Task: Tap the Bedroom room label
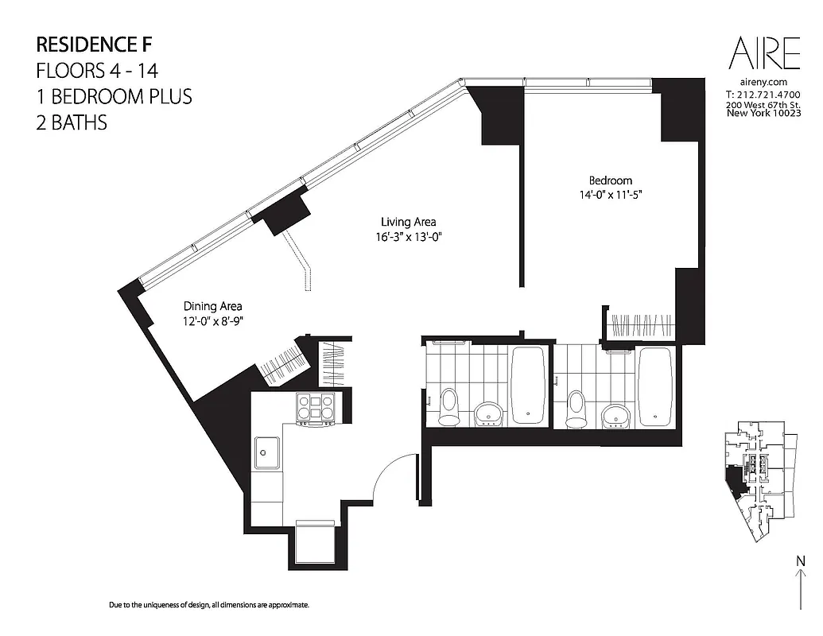click(611, 180)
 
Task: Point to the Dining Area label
click(212, 306)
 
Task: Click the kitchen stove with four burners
click(316, 408)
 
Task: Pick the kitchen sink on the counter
click(266, 454)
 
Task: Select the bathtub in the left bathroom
click(528, 385)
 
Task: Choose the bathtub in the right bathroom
click(654, 385)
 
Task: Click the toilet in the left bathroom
click(448, 406)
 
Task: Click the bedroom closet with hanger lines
click(641, 326)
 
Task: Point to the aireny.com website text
click(762, 83)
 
